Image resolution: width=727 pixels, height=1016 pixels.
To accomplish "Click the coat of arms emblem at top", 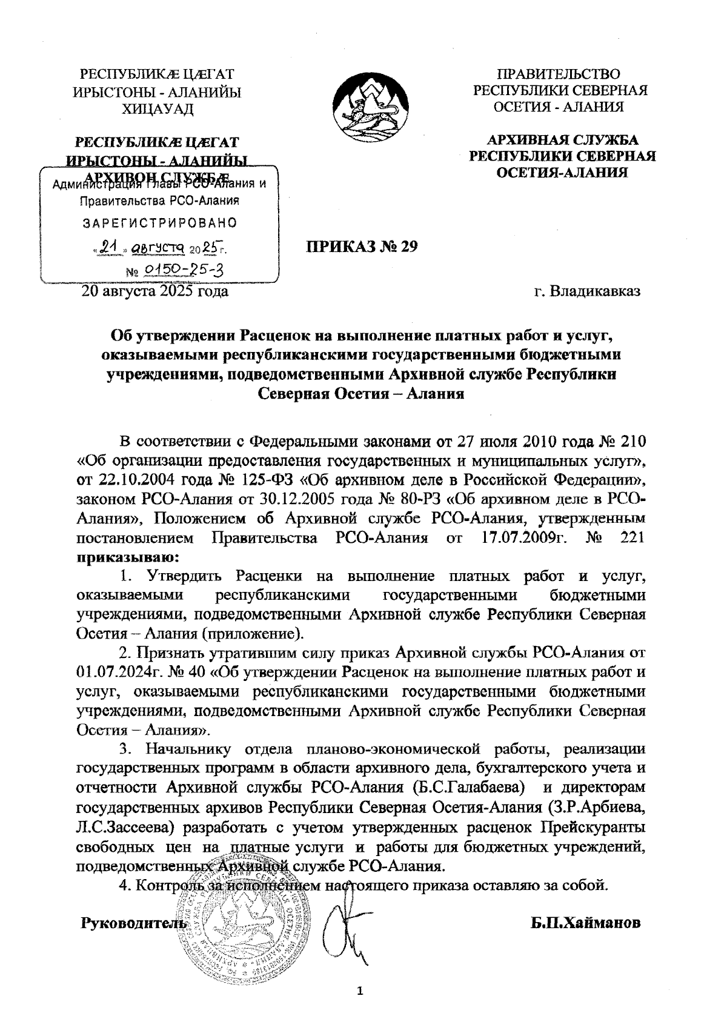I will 363,107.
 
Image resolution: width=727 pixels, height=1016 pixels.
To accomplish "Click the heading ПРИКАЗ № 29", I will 361,247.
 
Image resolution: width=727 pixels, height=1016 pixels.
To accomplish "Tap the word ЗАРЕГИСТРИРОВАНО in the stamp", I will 159,222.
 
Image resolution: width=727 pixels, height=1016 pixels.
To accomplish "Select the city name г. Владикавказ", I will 587,292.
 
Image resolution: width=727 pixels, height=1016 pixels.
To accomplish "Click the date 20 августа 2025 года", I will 155,292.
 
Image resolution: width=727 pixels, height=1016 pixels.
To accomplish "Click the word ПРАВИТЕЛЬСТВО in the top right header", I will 559,75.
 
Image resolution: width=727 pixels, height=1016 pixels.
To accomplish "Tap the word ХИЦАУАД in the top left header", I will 158,109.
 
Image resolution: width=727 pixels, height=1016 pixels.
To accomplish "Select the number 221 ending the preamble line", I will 632,537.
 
